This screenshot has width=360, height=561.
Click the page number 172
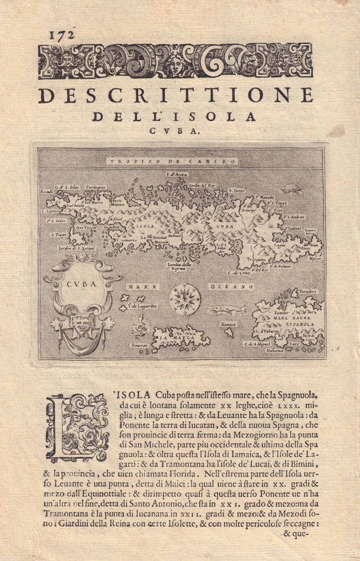pos(62,35)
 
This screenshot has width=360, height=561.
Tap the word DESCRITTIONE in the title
pos(175,95)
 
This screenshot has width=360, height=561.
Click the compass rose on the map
pos(185,298)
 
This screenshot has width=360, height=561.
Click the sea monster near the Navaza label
pos(224,309)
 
